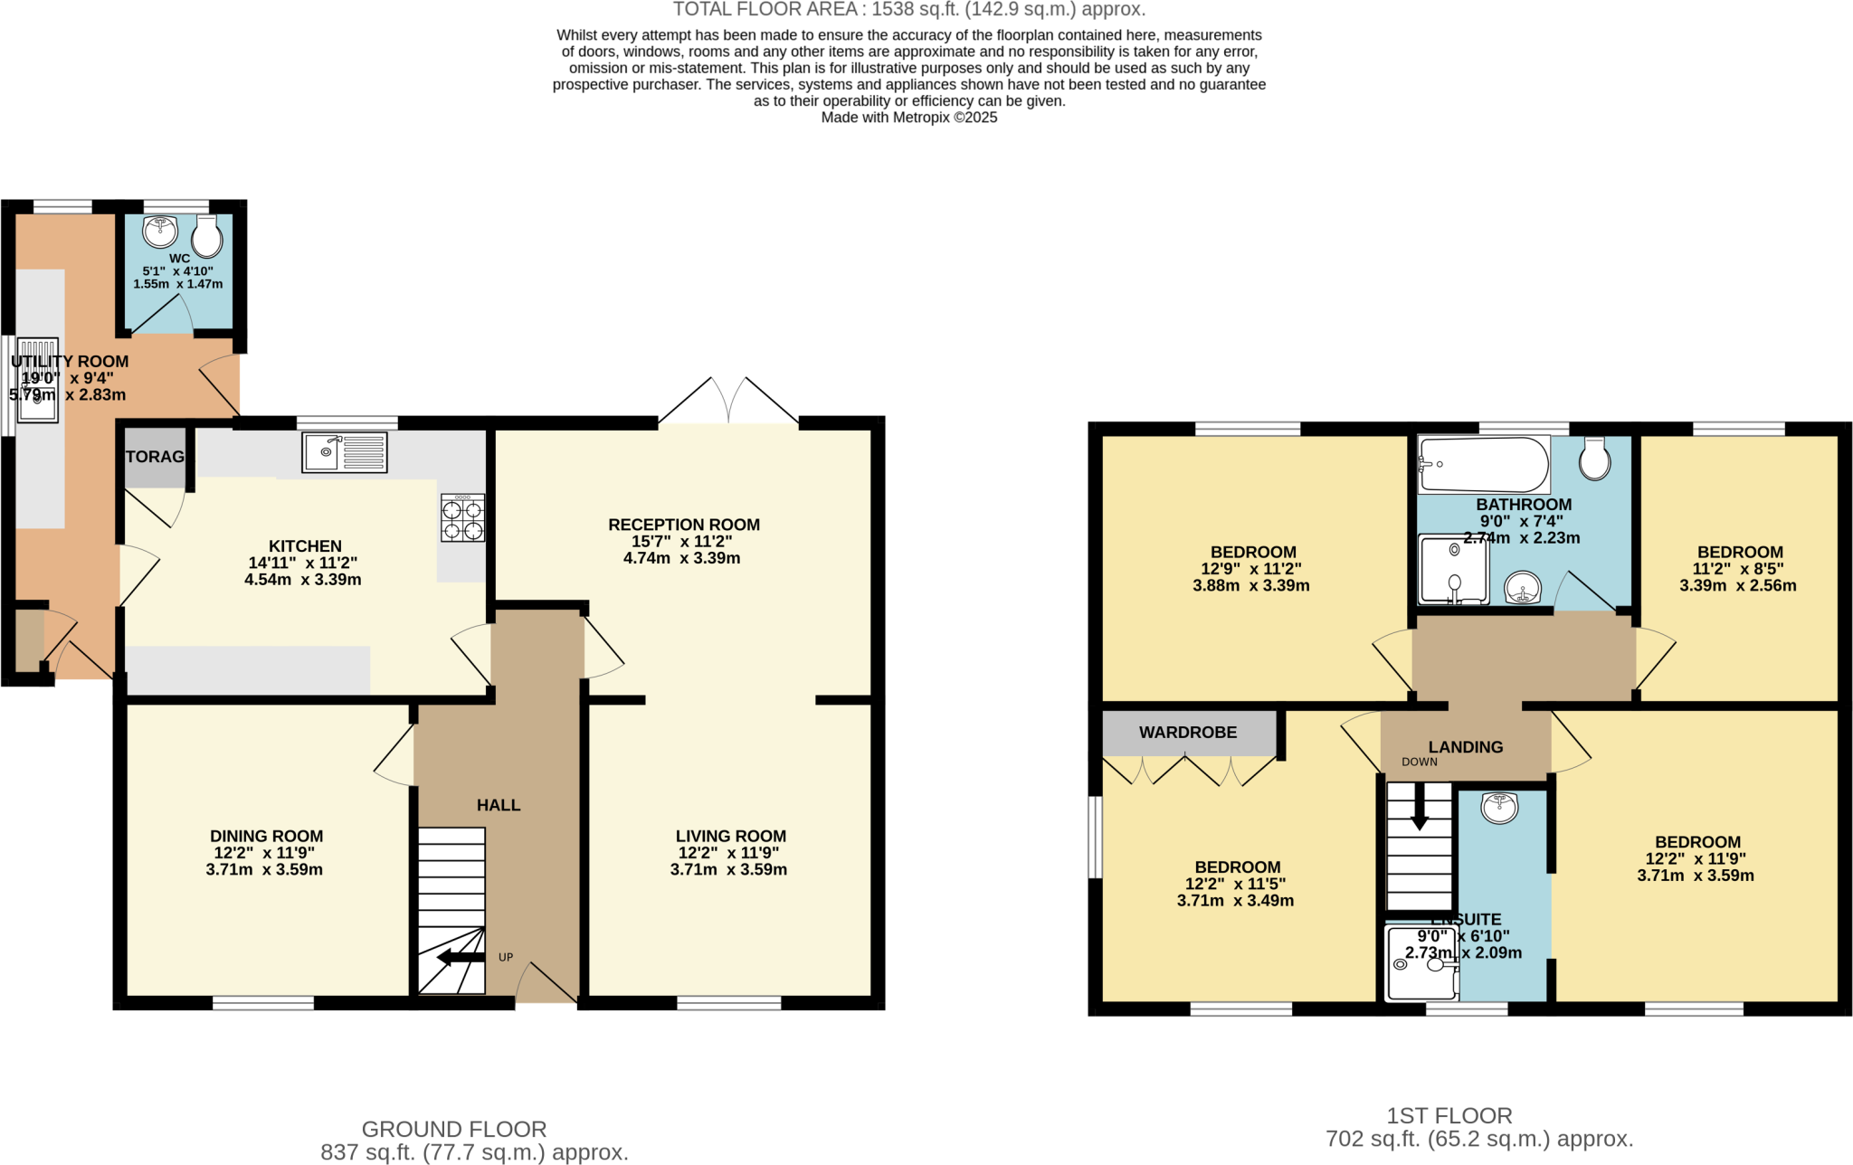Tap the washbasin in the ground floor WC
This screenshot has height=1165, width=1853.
[x=160, y=232]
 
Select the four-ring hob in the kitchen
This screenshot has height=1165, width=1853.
[x=462, y=518]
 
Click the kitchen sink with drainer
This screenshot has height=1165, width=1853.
[x=345, y=452]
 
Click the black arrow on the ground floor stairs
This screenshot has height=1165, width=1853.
[x=461, y=957]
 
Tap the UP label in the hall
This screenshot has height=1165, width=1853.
[x=506, y=957]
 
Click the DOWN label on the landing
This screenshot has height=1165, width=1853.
[x=1419, y=762]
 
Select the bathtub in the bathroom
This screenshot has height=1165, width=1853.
[x=1483, y=465]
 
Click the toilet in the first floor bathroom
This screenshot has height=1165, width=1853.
[x=1594, y=459]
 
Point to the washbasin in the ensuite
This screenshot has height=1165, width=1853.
[x=1500, y=807]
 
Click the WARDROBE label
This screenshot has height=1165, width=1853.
[x=1187, y=733]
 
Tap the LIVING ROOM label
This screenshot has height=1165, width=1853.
[x=730, y=837]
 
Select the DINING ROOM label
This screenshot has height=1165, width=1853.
[x=266, y=837]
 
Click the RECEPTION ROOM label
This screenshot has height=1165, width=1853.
[x=683, y=525]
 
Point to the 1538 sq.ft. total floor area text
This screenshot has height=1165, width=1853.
[x=909, y=10]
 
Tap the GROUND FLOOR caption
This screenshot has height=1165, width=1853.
[x=453, y=1129]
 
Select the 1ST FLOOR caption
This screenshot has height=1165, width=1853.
[x=1449, y=1115]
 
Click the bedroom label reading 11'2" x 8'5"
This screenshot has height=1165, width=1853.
[x=1739, y=569]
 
